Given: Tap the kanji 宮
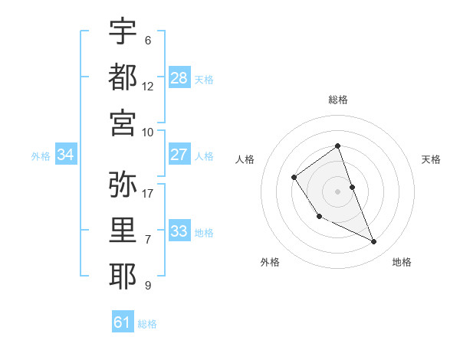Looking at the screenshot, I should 123,121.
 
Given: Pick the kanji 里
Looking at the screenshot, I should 123,231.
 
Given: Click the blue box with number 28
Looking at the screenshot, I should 179,78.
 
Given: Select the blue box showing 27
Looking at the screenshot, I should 179,155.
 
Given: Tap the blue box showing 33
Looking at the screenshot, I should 179,231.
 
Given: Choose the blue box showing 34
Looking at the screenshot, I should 66,155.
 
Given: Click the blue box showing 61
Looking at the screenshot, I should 123,322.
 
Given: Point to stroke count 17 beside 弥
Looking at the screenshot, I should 148,193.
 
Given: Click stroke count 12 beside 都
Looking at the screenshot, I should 148,86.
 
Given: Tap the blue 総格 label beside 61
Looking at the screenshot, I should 147,324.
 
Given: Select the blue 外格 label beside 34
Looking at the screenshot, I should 41,155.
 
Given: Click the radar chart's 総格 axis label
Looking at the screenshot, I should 338,100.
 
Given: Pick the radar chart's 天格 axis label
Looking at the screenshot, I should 431,159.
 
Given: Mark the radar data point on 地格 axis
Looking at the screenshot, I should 374,242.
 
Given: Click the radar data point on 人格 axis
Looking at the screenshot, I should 294,178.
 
